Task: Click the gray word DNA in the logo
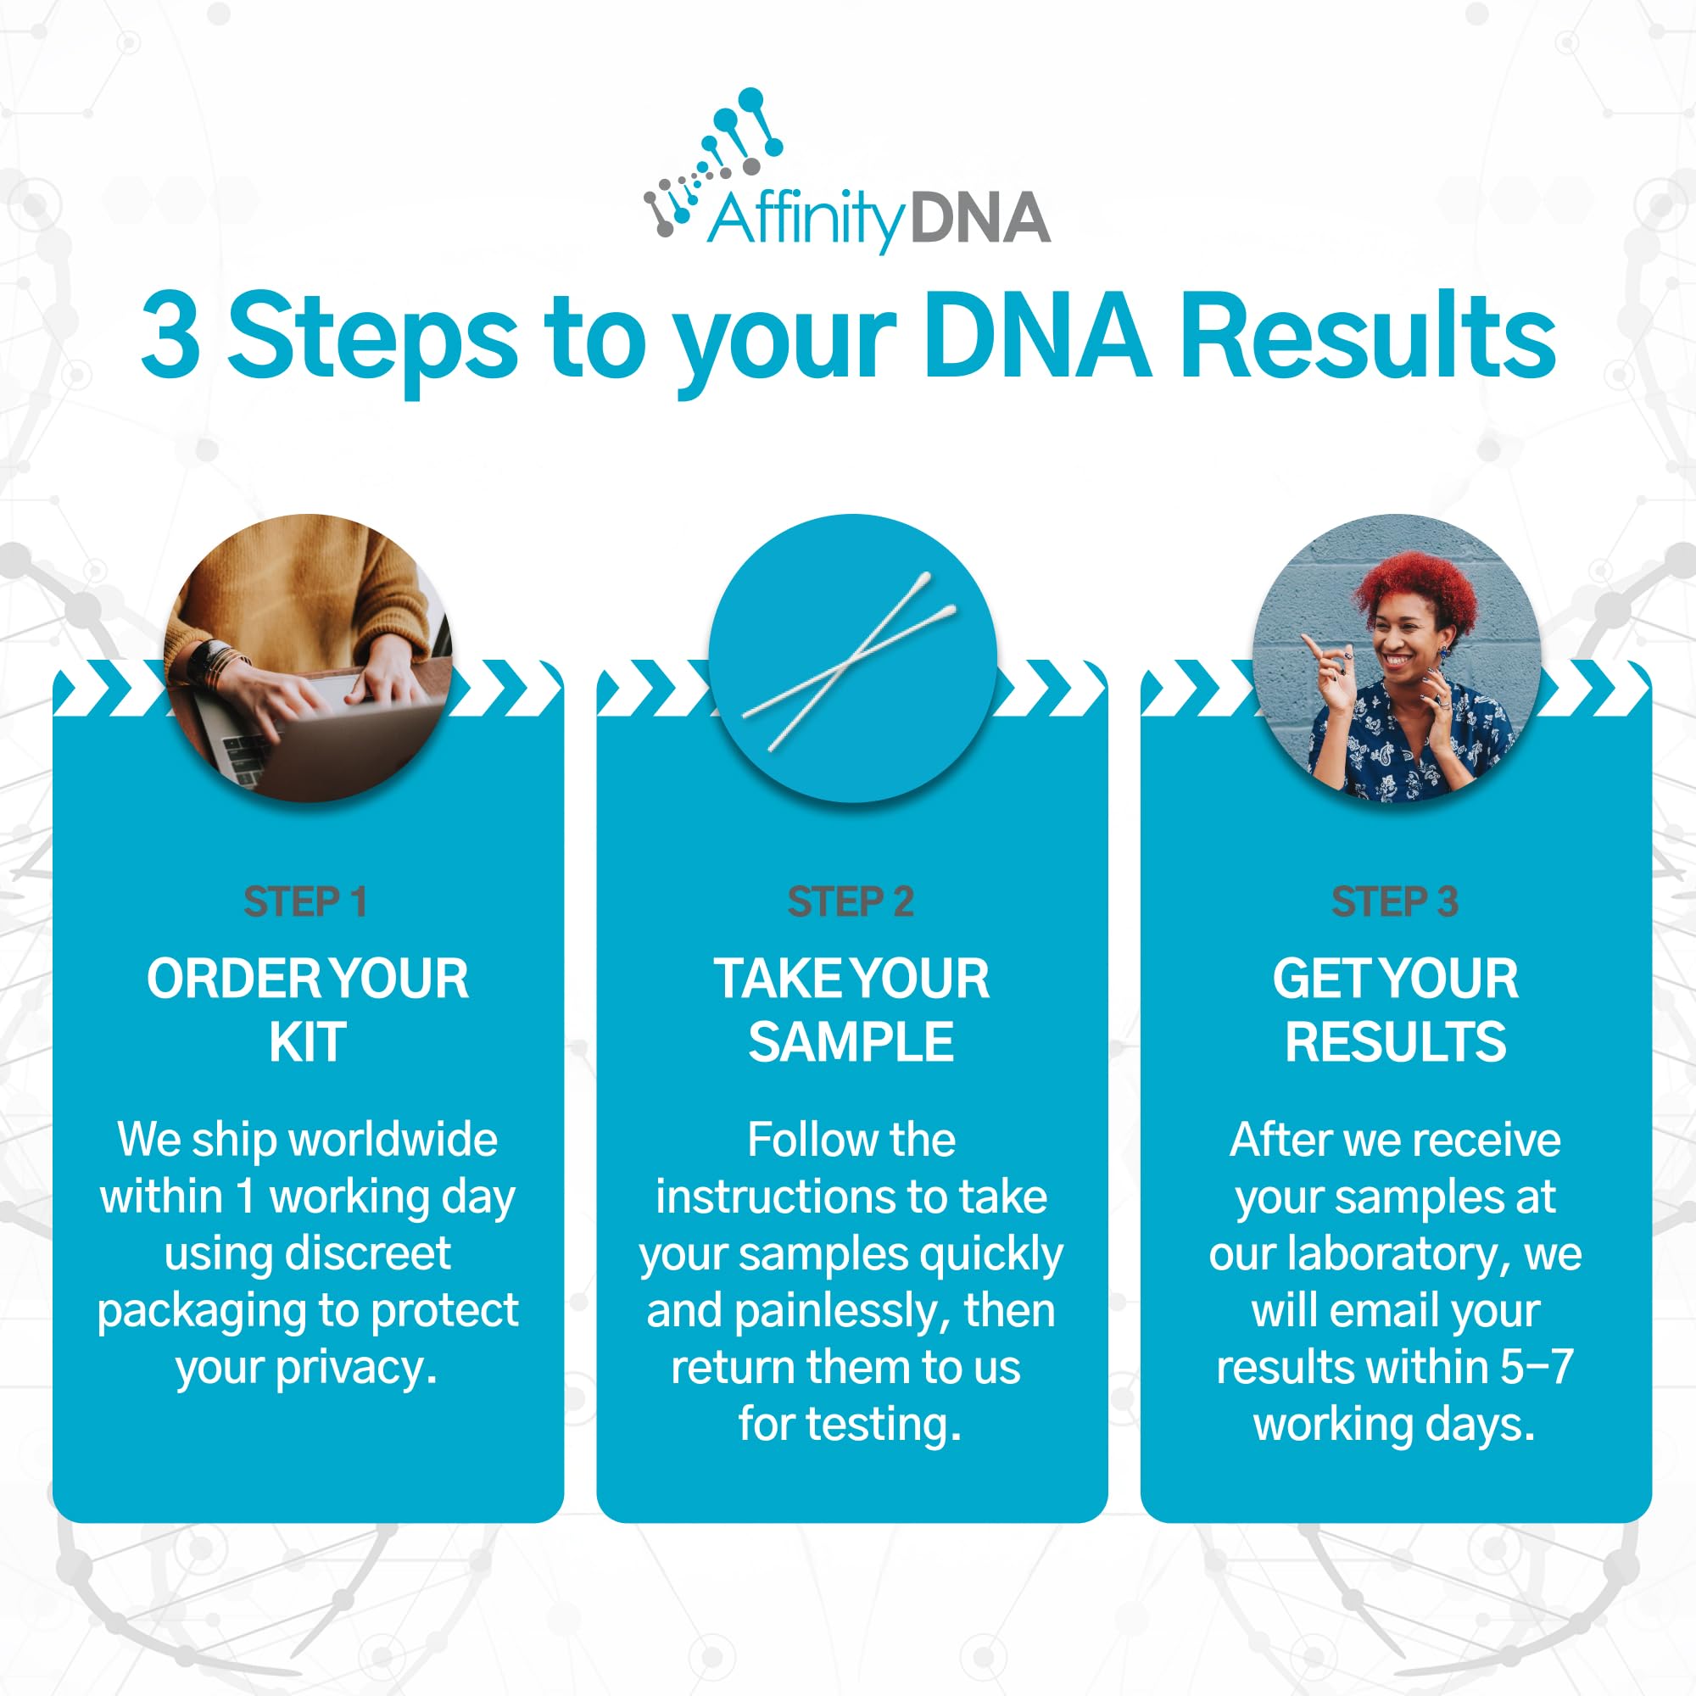click(980, 219)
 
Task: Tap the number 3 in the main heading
click(170, 338)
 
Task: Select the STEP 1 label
click(304, 901)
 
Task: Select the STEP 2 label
click(851, 901)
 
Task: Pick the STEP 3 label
click(1395, 901)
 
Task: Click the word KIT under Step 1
click(307, 1042)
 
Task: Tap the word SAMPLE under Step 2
click(851, 1042)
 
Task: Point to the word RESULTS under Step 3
click(1396, 1042)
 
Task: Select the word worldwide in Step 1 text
click(393, 1141)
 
